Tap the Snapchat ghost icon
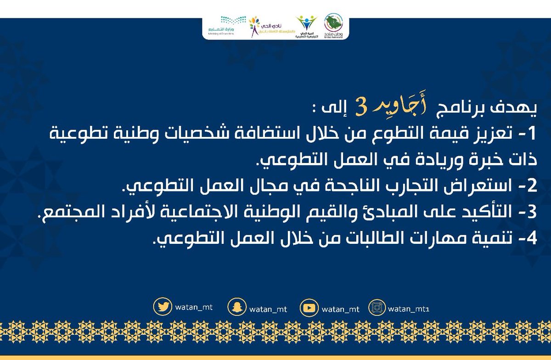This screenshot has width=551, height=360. [x=236, y=308]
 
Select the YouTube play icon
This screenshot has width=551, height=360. [x=309, y=308]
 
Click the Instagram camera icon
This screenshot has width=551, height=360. [x=377, y=308]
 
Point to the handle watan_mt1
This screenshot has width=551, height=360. [x=409, y=309]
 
